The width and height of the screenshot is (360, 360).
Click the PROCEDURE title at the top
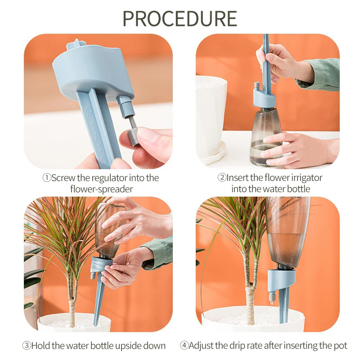[x=180, y=18]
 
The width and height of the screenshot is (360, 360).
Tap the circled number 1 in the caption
[x=46, y=178]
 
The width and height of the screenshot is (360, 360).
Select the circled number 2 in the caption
[x=221, y=178]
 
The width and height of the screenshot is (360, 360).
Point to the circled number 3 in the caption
[x=27, y=346]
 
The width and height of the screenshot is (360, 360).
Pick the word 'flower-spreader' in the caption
[x=101, y=189]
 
